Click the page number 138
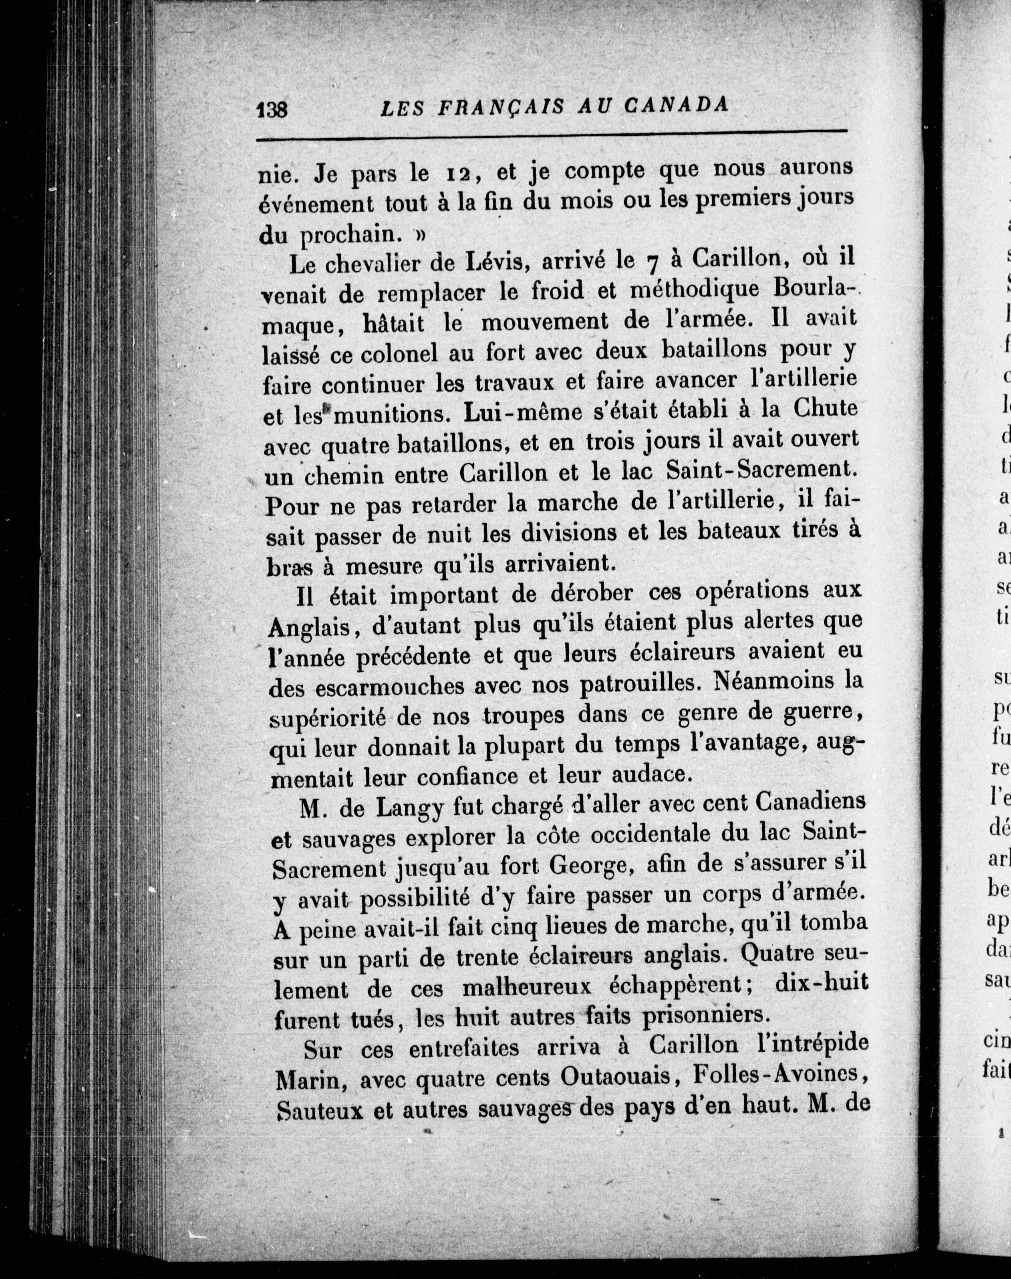tap(272, 110)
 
